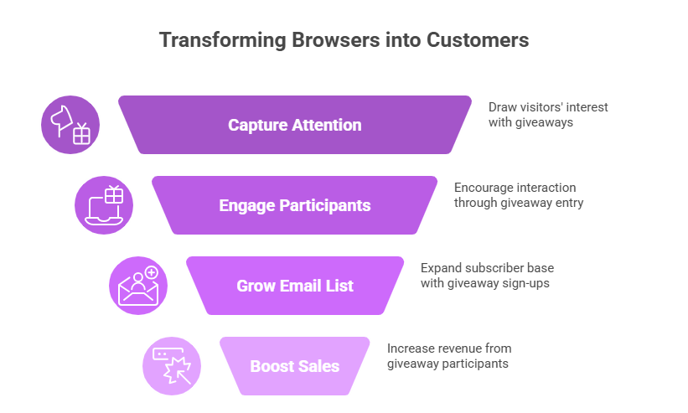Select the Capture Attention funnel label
[x=295, y=125]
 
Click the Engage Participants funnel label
[x=295, y=205]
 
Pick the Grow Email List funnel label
[x=295, y=286]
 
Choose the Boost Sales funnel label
[x=295, y=366]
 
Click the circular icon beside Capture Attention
[x=70, y=125]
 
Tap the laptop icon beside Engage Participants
[x=104, y=205]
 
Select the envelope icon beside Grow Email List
[x=138, y=286]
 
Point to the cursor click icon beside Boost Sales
[x=172, y=366]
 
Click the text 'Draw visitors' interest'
[x=548, y=107]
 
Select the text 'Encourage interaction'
[x=515, y=188]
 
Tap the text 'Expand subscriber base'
[x=487, y=268]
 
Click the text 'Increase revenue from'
[x=449, y=348]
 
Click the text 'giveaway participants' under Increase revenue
[x=447, y=364]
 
